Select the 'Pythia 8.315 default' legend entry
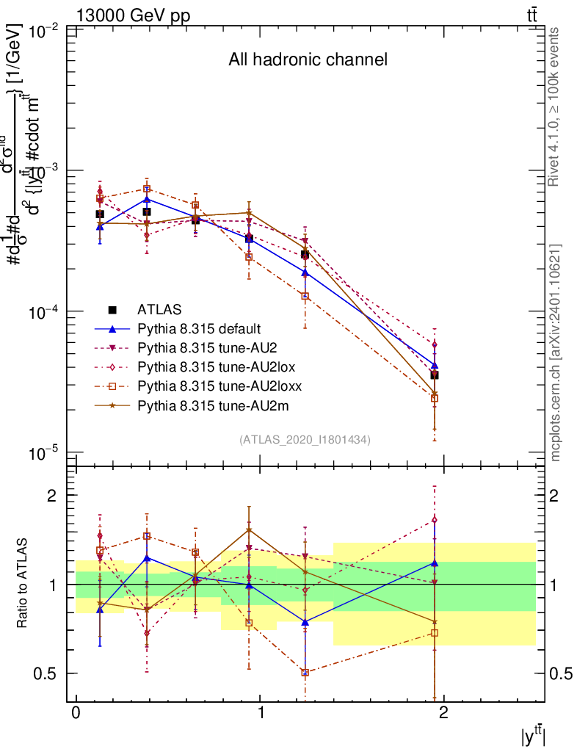click(199, 328)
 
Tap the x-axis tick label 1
click(259, 713)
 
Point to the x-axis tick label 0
click(76, 713)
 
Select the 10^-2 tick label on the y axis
click(45, 30)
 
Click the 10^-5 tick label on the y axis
click(45, 453)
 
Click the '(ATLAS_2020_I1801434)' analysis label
click(305, 439)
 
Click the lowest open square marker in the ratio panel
click(305, 673)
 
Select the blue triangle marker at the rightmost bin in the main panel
click(435, 365)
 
